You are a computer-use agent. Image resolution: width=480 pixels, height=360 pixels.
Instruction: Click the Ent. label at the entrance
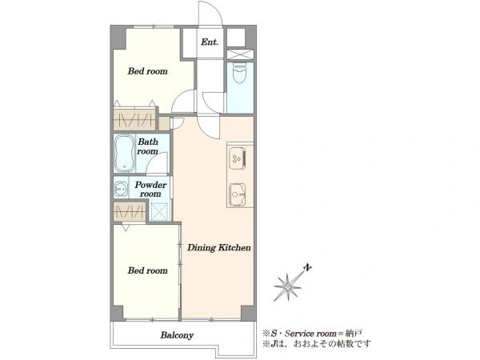[x=210, y=42]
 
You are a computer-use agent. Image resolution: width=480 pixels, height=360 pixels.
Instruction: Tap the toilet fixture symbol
[x=238, y=73]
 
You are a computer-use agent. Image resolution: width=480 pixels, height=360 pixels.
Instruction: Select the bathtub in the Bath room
[x=125, y=153]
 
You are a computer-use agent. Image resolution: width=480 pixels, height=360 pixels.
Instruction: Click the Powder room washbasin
[x=122, y=189]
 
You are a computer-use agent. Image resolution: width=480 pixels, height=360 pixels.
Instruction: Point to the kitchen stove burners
[x=238, y=158]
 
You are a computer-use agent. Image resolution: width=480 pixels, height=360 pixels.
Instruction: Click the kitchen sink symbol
[x=238, y=194]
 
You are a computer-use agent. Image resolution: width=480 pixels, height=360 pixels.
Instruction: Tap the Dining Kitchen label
[x=219, y=248]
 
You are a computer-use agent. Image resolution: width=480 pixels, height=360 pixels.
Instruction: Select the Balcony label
[x=177, y=335]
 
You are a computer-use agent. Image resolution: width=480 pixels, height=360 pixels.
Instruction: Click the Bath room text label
[x=147, y=146]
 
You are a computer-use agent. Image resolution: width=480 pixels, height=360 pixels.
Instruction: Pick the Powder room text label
[x=150, y=189]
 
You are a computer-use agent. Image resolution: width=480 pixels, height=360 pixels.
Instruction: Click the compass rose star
[x=288, y=287]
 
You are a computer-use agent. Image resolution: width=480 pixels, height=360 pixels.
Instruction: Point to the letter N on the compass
[x=307, y=268]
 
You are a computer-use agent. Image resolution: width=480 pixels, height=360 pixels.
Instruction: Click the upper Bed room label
[x=147, y=71]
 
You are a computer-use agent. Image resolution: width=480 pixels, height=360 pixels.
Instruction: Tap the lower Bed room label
[x=147, y=270]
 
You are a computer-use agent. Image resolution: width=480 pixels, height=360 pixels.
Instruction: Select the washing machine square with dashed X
[x=160, y=210]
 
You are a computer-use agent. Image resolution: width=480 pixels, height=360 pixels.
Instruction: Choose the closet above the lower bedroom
[x=130, y=211]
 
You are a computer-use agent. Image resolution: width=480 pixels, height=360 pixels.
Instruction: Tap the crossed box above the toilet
[x=240, y=54]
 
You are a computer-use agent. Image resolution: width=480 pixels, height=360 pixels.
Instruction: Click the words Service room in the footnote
[x=310, y=334]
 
